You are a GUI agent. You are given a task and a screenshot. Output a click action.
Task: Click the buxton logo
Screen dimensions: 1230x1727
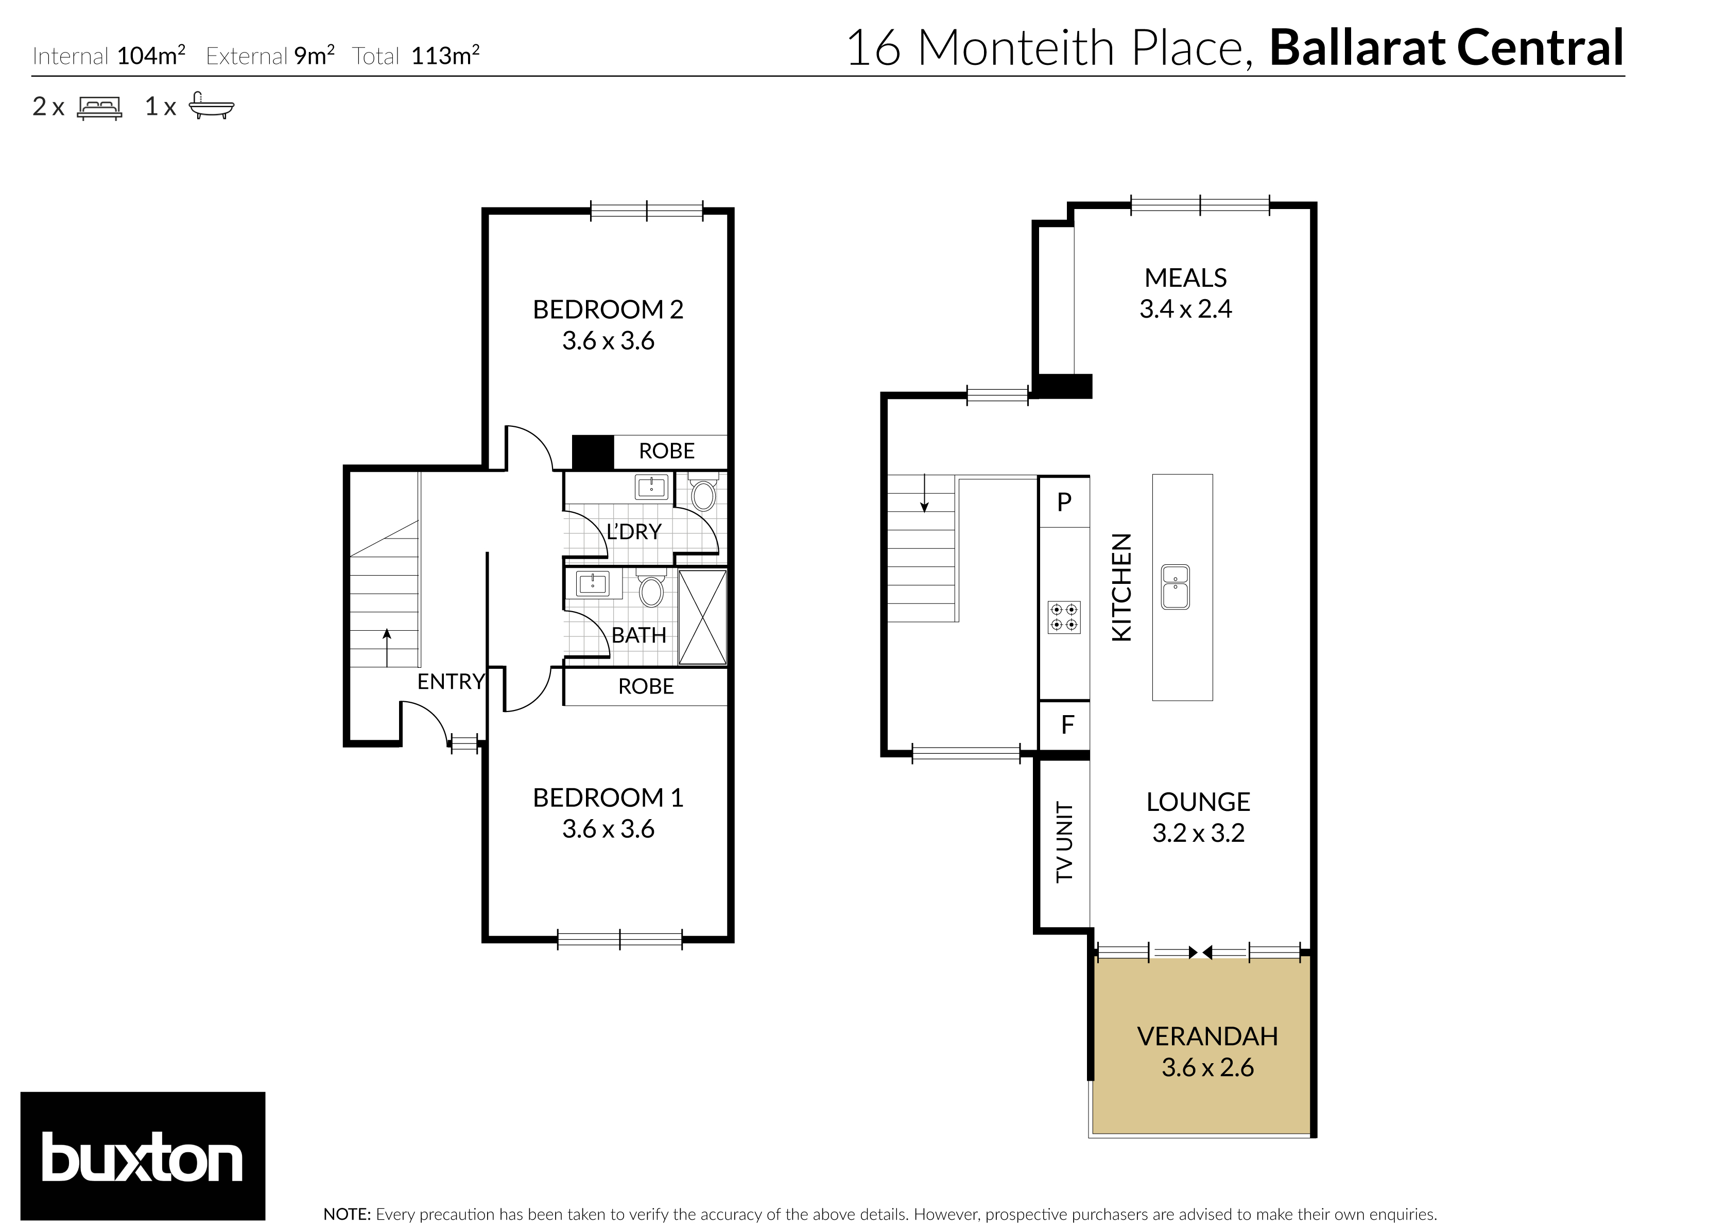pyautogui.click(x=143, y=1155)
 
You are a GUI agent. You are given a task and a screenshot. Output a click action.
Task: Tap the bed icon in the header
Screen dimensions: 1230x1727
pyautogui.click(x=99, y=108)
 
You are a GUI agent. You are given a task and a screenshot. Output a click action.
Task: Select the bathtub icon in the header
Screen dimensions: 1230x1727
pyautogui.click(x=211, y=106)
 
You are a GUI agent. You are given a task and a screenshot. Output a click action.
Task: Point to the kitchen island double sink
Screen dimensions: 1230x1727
pyautogui.click(x=1175, y=587)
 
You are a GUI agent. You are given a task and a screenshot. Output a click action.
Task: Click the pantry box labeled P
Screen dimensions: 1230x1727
pyautogui.click(x=1063, y=501)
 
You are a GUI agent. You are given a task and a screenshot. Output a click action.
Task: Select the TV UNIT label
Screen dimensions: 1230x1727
pyautogui.click(x=1064, y=841)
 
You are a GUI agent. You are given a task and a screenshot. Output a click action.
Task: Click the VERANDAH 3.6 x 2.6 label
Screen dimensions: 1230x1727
pyautogui.click(x=1207, y=1051)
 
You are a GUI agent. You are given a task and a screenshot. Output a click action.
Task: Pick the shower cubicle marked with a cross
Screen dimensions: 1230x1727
pyautogui.click(x=702, y=617)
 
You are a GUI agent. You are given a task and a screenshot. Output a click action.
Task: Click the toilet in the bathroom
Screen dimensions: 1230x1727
pyautogui.click(x=651, y=588)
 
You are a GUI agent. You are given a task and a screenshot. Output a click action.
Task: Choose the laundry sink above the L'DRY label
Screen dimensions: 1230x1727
pyautogui.click(x=651, y=487)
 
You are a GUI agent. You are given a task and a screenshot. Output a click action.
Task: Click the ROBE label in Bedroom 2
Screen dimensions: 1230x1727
pyautogui.click(x=667, y=452)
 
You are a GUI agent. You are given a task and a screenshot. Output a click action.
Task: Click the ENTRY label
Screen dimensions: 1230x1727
pyautogui.click(x=450, y=682)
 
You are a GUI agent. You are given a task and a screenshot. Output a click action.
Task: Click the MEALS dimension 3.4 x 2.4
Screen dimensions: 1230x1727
pyautogui.click(x=1185, y=309)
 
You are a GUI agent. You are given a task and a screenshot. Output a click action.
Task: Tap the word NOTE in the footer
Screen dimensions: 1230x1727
pyautogui.click(x=346, y=1214)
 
